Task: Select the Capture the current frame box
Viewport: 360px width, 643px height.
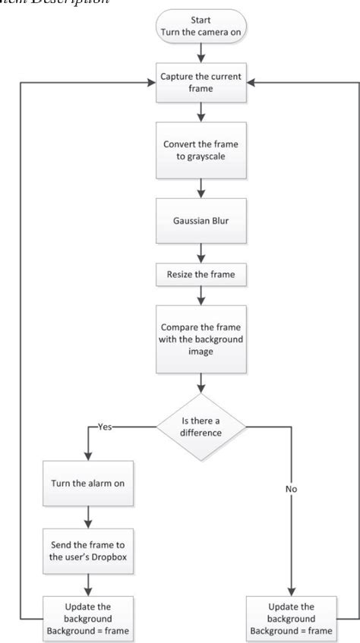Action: (200, 82)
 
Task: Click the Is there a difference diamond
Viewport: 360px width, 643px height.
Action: (200, 427)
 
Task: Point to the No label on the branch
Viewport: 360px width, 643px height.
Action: (292, 489)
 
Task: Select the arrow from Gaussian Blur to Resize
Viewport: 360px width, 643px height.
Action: (200, 247)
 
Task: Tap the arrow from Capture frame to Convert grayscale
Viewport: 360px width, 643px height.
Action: (200, 112)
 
